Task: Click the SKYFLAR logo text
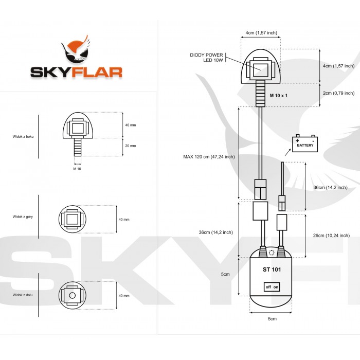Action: click(x=76, y=71)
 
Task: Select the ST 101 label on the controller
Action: click(x=272, y=268)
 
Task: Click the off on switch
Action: click(x=272, y=286)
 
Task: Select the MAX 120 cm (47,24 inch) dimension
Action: click(x=209, y=156)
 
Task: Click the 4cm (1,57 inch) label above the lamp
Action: click(x=261, y=33)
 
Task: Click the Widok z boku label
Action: click(x=23, y=136)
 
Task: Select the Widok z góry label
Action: click(x=23, y=217)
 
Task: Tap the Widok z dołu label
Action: click(x=23, y=295)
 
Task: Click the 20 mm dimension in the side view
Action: click(x=131, y=146)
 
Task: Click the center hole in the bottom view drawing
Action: click(x=73, y=296)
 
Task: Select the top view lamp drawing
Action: click(x=73, y=219)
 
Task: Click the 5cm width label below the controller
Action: click(x=272, y=319)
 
